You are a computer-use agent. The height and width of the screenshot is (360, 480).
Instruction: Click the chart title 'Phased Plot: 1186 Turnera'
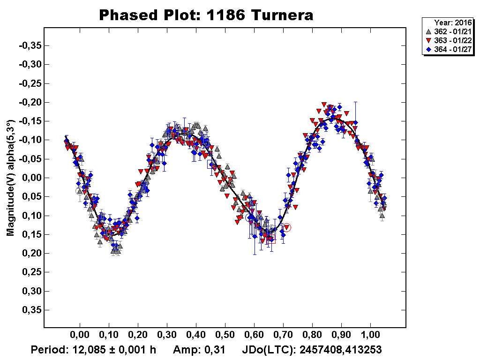click(206, 15)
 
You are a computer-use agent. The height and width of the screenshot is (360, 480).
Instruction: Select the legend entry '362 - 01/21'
click(447, 31)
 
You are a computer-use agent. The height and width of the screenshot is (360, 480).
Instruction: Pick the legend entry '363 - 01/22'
click(447, 40)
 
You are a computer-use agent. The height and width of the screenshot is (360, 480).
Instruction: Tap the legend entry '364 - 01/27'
click(447, 49)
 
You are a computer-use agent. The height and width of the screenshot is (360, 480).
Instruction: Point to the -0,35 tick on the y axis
click(30, 45)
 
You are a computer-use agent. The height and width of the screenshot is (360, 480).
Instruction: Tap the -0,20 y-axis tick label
click(30, 102)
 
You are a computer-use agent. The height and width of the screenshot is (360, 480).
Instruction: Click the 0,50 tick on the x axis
click(225, 337)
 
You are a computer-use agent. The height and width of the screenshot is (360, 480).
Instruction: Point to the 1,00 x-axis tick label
click(370, 337)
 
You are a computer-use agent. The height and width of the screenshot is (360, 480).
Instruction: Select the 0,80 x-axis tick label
click(312, 337)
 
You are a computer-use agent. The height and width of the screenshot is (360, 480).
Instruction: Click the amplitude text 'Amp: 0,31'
click(199, 350)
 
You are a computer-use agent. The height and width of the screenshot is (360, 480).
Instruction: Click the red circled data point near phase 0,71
click(287, 228)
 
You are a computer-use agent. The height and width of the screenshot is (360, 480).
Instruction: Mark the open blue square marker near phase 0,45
click(211, 165)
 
